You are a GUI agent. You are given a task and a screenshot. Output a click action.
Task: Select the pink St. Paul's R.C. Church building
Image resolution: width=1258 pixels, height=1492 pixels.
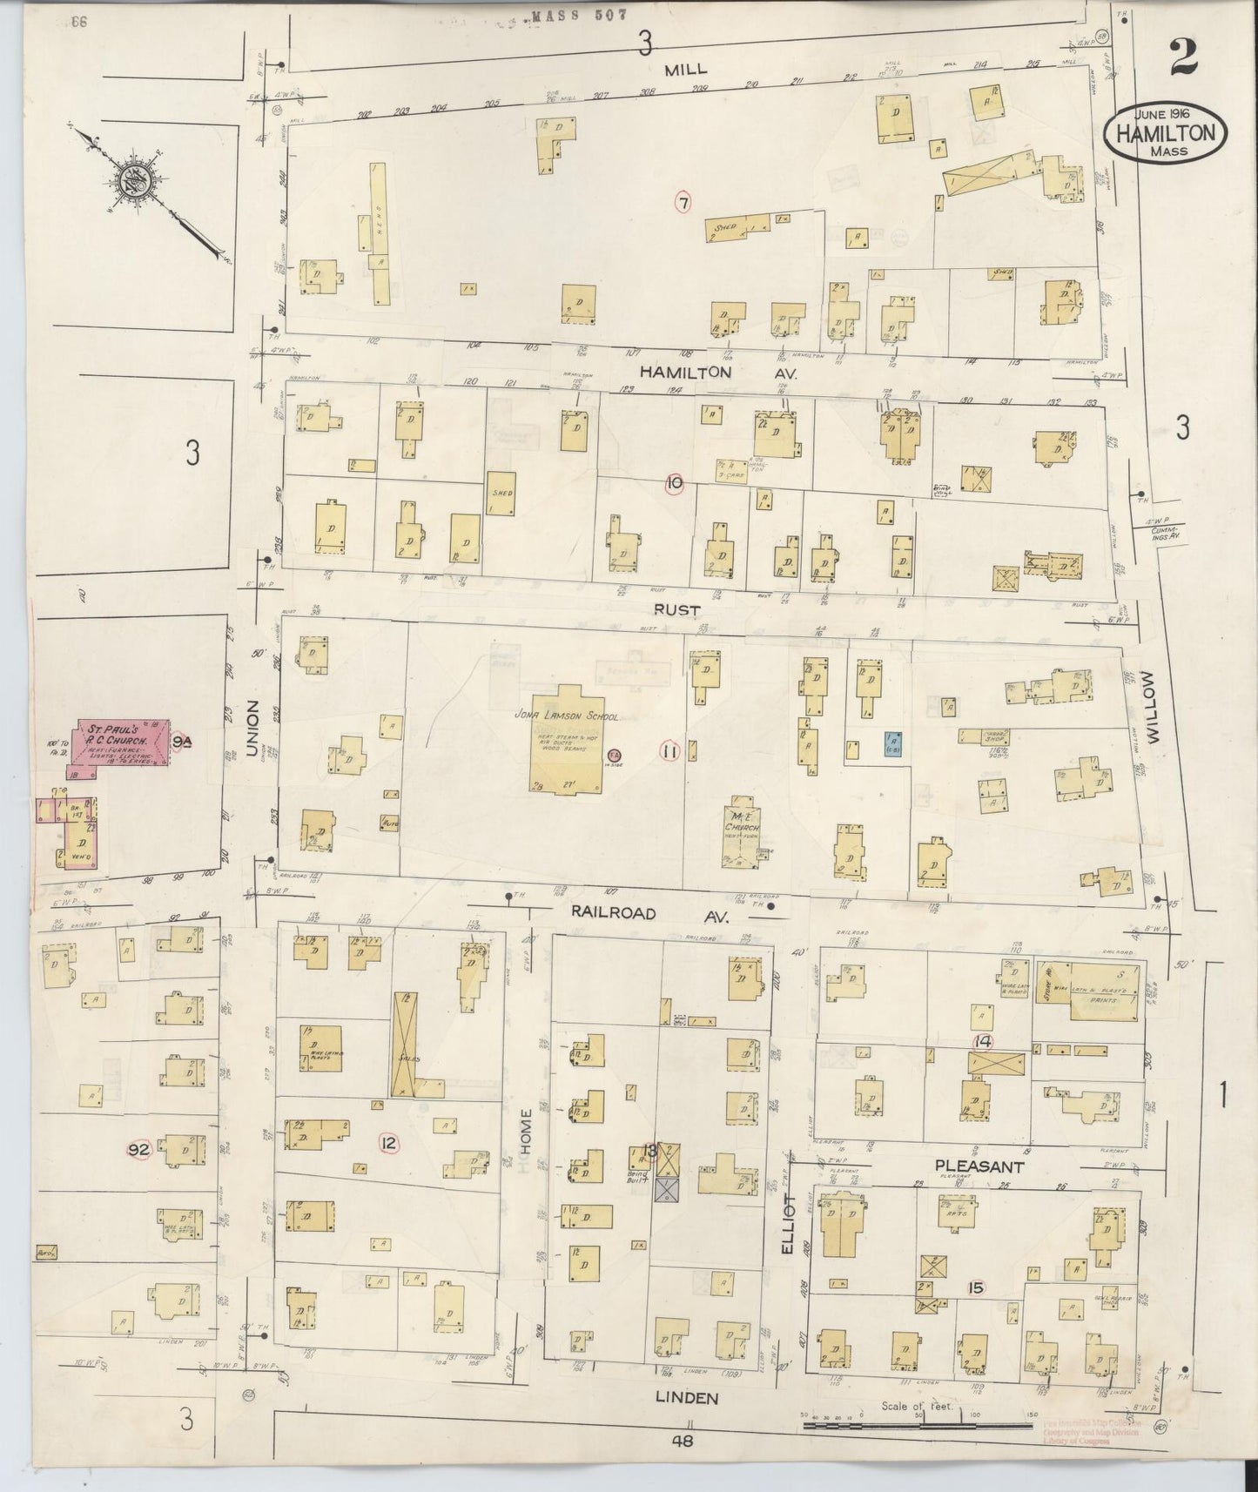[x=121, y=743]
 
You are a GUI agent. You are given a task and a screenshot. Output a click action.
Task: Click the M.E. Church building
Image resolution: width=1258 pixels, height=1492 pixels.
[x=742, y=832]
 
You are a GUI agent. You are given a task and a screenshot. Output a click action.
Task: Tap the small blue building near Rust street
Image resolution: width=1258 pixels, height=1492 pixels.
[x=891, y=743]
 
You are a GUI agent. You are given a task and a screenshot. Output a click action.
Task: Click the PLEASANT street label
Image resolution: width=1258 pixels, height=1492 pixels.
[x=979, y=1166]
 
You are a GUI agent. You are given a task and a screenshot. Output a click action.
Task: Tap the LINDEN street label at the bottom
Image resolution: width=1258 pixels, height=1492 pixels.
[x=688, y=1399]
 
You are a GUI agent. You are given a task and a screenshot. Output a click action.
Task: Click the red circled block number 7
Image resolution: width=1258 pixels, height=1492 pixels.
[x=684, y=204]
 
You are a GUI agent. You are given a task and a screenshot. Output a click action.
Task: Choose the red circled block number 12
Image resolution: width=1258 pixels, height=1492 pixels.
[x=388, y=1143]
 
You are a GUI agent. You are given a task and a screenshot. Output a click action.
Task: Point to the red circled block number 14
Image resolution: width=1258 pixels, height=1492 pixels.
[x=984, y=1041]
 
